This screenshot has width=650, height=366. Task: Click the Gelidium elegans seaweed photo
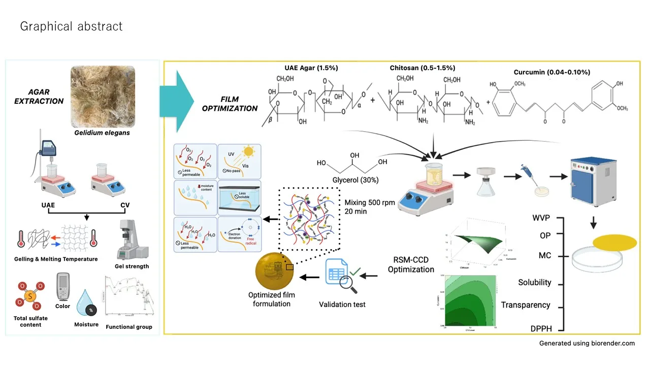pos(103,96)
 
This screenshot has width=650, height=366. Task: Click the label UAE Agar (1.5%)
pos(311,68)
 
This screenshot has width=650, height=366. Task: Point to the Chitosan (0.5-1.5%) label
pos(422,68)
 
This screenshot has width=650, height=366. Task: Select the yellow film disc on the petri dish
pos(614,243)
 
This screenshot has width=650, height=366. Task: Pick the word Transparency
pos(526,305)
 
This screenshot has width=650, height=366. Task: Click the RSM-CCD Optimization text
pos(411,264)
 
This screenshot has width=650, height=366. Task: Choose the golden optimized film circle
pos(277,270)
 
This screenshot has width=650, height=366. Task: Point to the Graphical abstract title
pos(71,26)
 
